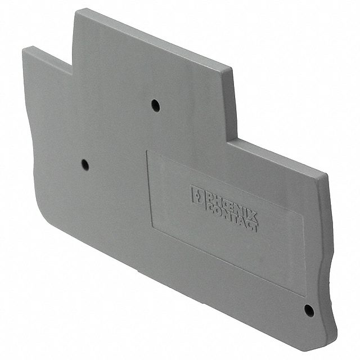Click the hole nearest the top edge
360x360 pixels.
pyautogui.click(x=155, y=105)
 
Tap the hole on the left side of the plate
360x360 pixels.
pyautogui.click(x=84, y=165)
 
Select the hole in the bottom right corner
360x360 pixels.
pyautogui.click(x=308, y=309)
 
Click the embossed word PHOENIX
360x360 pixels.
pyautogui.click(x=226, y=202)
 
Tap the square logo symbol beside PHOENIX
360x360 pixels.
pyautogui.click(x=197, y=195)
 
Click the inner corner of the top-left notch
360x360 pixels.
pyautogui.click(x=71, y=73)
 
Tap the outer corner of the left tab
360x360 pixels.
pyautogui.click(x=24, y=49)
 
